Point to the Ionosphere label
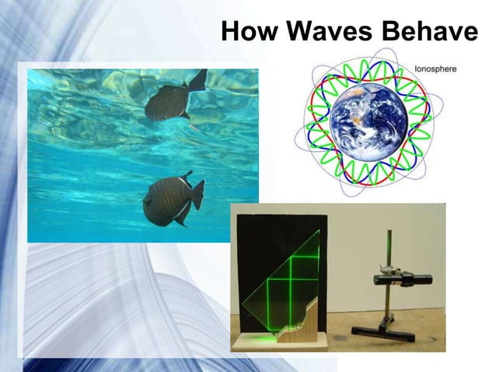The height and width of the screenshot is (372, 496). [x=437, y=69]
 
